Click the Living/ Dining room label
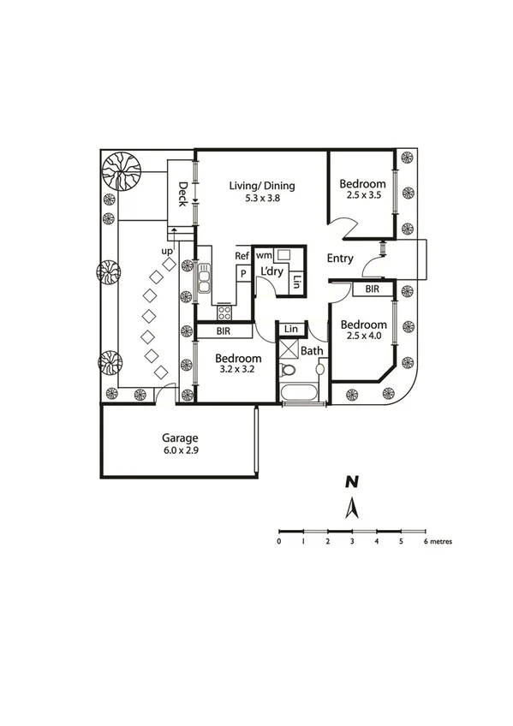pyautogui.click(x=262, y=186)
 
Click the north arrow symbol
pyautogui.click(x=350, y=509)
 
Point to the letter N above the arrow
pyautogui.click(x=351, y=483)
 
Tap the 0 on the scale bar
pyautogui.click(x=279, y=542)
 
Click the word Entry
pyautogui.click(x=341, y=259)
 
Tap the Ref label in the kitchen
pyautogui.click(x=242, y=255)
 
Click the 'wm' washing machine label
pyautogui.click(x=264, y=255)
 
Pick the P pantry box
pyautogui.click(x=243, y=273)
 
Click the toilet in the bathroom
pyautogui.click(x=289, y=369)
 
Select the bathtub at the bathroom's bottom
pyautogui.click(x=300, y=393)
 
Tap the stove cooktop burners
pyautogui.click(x=224, y=312)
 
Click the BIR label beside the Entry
pyautogui.click(x=373, y=290)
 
